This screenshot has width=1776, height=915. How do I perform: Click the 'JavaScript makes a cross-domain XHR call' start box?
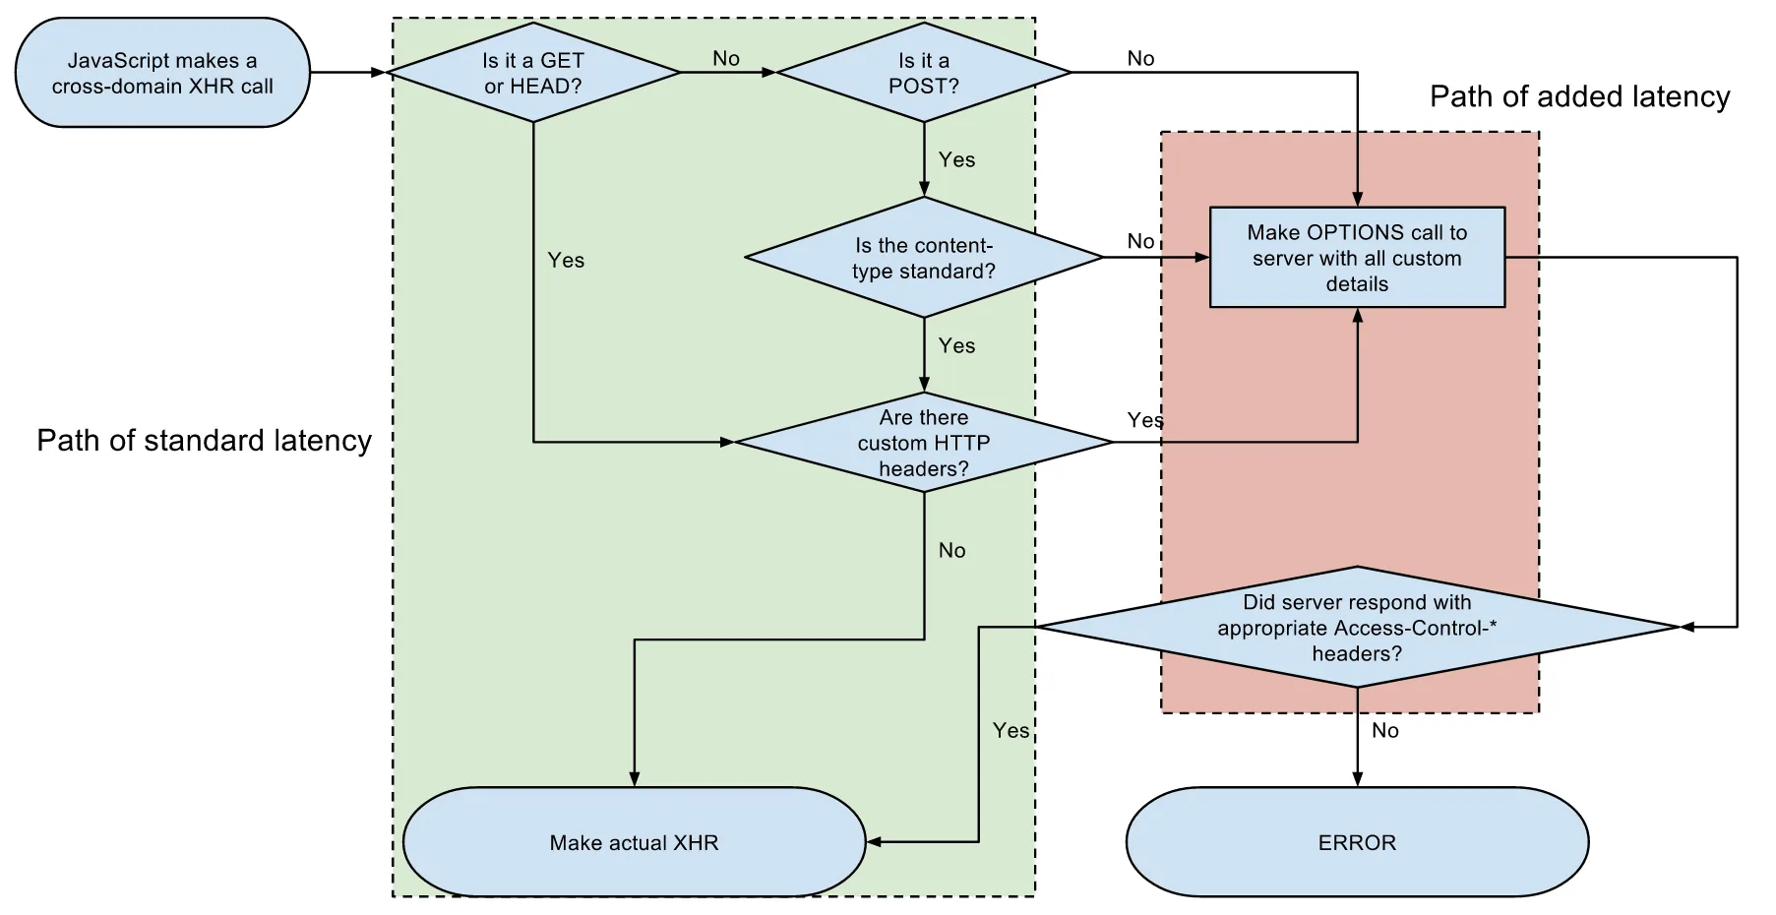pos(162,73)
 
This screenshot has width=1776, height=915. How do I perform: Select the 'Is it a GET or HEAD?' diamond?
pos(532,73)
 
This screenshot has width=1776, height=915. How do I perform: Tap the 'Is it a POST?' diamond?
pos(923,73)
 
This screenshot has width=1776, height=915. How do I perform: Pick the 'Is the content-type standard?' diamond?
pos(923,258)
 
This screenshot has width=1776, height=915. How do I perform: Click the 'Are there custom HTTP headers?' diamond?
pos(923,443)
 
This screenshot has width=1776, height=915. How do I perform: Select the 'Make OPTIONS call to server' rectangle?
pos(1357,258)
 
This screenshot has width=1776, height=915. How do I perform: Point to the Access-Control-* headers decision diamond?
pos(1357,628)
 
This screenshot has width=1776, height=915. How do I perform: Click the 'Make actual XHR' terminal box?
pos(634,842)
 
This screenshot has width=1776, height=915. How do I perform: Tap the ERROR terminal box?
pos(1357,842)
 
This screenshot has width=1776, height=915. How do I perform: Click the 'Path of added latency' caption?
pos(1579,96)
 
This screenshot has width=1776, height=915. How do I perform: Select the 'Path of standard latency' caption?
pos(204,440)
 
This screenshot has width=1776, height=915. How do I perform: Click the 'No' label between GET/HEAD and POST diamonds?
pos(726,59)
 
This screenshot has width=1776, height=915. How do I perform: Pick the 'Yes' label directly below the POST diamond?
pos(956,159)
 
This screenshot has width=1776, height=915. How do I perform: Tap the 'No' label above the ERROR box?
pos(1385,730)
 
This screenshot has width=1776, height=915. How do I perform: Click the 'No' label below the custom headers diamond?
pos(951,550)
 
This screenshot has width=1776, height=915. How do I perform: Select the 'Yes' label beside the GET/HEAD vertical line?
pos(566,260)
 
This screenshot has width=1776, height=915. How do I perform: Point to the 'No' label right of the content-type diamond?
pos(1140,241)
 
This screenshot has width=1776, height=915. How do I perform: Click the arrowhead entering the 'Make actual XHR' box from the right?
pos(873,842)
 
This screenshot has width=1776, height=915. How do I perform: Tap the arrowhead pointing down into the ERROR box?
pos(1357,779)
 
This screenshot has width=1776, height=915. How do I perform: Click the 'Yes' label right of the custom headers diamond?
pos(1144,420)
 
